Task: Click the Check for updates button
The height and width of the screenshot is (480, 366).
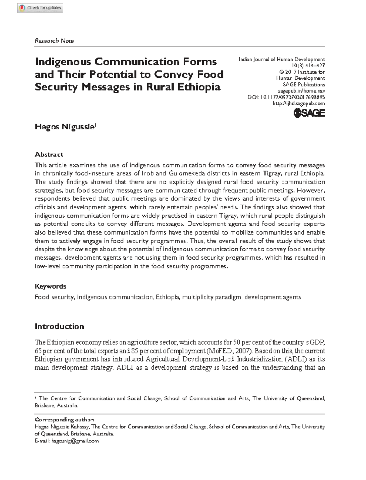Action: pos(40,8)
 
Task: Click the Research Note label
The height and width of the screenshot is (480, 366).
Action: pos(54,41)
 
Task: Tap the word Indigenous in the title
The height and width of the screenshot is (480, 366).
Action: pos(63,62)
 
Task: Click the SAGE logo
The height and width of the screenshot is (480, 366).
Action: pos(309,113)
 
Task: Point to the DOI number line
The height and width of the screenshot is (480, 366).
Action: pos(286,97)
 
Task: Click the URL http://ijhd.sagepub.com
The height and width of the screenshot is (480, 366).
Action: pos(298,104)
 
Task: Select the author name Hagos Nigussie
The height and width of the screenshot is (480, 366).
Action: pos(65,127)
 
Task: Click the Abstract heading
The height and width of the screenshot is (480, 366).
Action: pos(49,155)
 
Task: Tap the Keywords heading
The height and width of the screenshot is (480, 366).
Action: pos(50,286)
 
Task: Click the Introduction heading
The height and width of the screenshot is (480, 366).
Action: pos(59,326)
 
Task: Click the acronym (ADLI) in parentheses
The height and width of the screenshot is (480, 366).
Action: pos(305,359)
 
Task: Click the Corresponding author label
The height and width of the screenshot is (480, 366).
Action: pos(64,420)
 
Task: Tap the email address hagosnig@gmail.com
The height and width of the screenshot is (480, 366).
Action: pos(75,441)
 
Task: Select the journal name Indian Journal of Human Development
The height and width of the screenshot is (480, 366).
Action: pos(282,60)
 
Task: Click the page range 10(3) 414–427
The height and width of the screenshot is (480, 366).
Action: pos(308,66)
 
